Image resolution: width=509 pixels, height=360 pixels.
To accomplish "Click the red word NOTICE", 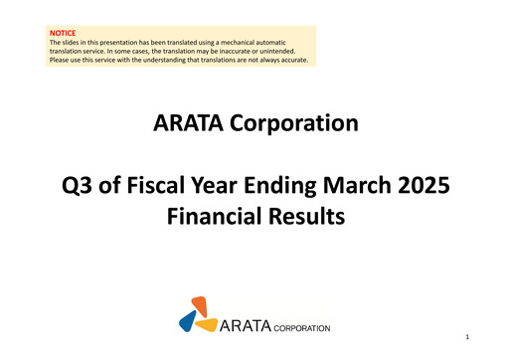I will point(63,33).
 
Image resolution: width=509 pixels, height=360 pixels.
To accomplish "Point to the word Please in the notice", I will point(60,61).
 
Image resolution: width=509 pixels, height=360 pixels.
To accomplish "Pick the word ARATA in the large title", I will point(187,123).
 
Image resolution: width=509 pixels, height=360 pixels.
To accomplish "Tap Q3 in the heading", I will point(78,185).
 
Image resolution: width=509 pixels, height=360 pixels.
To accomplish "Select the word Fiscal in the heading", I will point(158,185).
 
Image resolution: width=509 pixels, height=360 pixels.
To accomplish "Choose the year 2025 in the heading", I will point(426,185).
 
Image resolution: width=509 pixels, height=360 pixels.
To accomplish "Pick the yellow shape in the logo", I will point(206,324).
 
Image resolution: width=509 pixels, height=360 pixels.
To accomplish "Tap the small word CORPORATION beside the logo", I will point(301,326).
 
